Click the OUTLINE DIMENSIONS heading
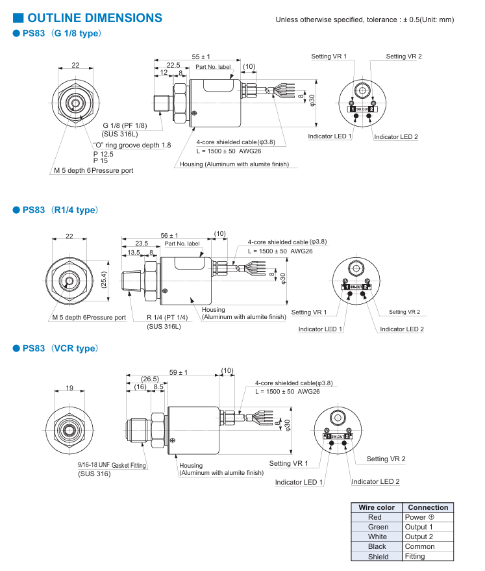pos(95,18)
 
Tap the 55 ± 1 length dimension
pos(201,57)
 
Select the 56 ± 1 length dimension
pos(169,235)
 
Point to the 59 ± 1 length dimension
pos(179,372)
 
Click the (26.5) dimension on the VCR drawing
pos(150,379)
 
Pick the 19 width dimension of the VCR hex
pos(69,388)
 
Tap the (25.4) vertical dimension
pos(104,280)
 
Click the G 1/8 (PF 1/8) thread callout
pos(125,125)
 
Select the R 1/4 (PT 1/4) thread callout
pos(168,317)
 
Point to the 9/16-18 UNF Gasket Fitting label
pos(112,465)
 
